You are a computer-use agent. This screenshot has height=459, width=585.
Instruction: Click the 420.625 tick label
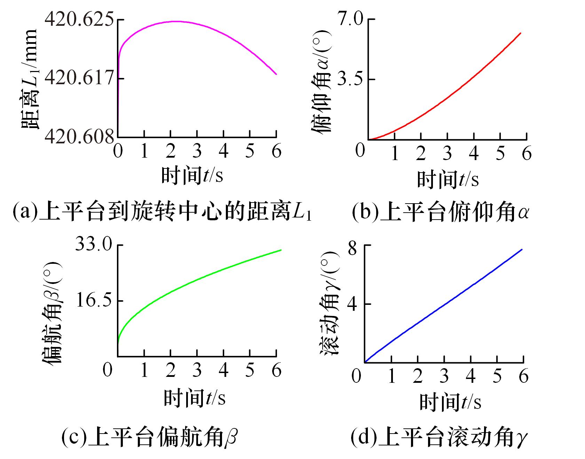click(x=79, y=20)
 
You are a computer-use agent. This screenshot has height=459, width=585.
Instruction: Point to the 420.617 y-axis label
click(x=79, y=78)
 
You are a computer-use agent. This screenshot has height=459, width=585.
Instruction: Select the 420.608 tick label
click(x=79, y=137)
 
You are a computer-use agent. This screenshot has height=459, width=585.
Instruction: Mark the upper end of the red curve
click(x=521, y=33)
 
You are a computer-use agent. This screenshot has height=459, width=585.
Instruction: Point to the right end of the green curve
click(x=281, y=250)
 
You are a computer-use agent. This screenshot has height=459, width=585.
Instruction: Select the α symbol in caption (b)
click(x=522, y=212)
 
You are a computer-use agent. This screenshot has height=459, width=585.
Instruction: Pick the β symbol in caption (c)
click(x=230, y=437)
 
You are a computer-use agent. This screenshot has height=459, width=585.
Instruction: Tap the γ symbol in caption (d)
click(x=522, y=438)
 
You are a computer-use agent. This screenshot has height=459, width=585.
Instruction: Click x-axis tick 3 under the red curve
click(x=447, y=153)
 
